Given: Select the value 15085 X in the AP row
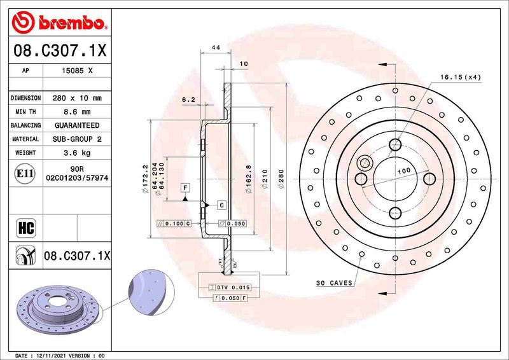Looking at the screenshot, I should [x=77, y=71].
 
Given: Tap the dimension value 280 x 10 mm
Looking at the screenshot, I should [x=77, y=99].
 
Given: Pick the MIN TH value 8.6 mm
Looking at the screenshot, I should [x=77, y=112].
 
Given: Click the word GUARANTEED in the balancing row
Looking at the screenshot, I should [x=77, y=125].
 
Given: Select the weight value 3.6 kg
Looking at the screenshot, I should [x=77, y=153].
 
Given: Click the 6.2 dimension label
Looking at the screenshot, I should [x=188, y=99].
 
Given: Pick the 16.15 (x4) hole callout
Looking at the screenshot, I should [x=459, y=77].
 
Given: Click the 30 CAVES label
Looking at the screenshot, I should [x=333, y=282].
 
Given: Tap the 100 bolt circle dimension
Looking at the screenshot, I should [x=403, y=172].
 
